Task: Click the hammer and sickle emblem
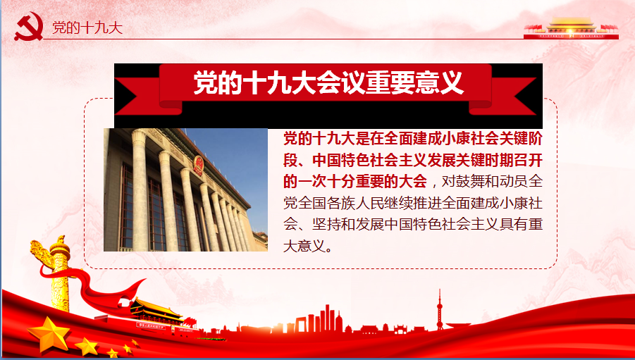[29, 26]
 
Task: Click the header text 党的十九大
[87, 27]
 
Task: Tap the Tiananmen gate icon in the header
[571, 28]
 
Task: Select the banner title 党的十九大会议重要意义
[328, 82]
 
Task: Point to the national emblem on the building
[198, 166]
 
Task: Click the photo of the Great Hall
[185, 190]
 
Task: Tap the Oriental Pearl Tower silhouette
[439, 311]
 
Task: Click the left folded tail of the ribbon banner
[148, 97]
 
